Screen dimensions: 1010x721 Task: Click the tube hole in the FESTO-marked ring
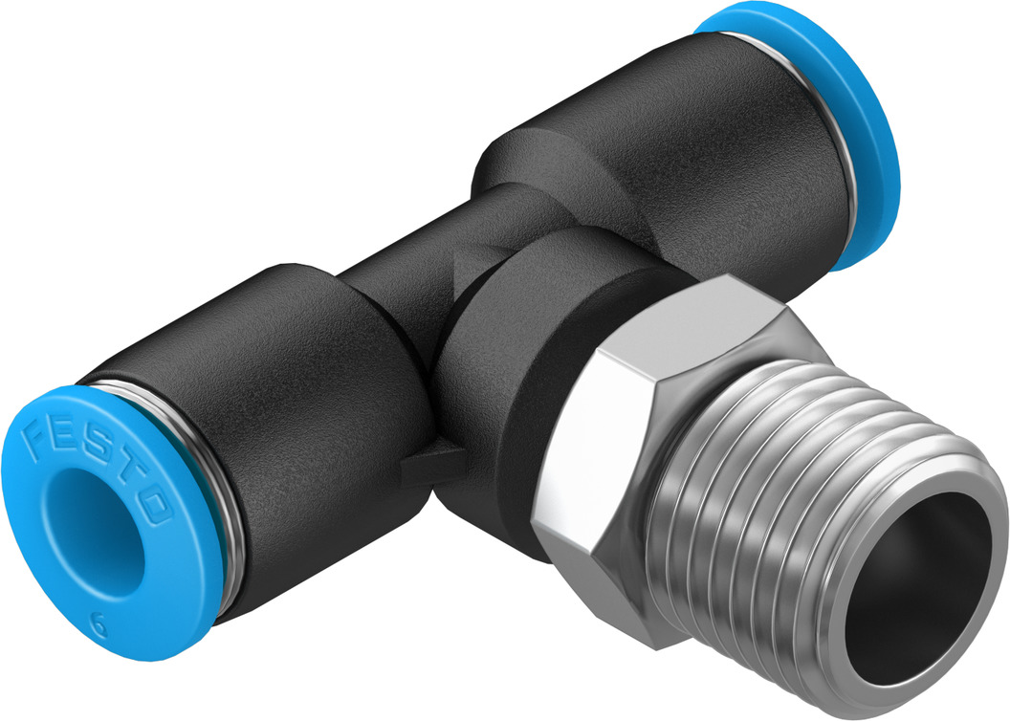tap(97, 528)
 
